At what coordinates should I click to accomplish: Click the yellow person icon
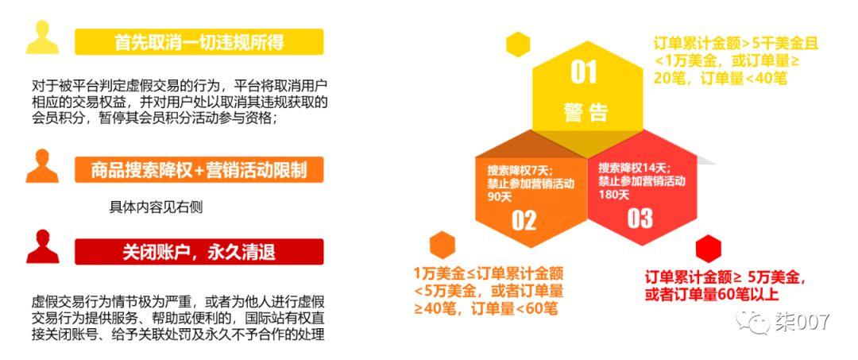click(42, 37)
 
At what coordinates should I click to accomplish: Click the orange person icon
click(42, 165)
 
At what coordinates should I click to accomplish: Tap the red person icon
click(42, 247)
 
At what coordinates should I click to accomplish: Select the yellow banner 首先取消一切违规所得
click(199, 41)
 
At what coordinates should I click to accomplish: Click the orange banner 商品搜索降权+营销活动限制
click(199, 170)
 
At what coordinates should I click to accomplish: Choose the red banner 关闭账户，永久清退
click(199, 253)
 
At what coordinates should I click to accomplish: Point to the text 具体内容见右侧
click(156, 207)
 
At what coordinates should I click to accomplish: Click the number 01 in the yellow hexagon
click(584, 73)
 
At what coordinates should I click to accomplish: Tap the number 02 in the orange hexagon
click(524, 220)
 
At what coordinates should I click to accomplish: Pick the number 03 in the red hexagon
click(640, 218)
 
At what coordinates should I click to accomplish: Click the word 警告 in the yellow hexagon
click(586, 111)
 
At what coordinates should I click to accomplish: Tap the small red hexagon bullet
click(708, 250)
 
